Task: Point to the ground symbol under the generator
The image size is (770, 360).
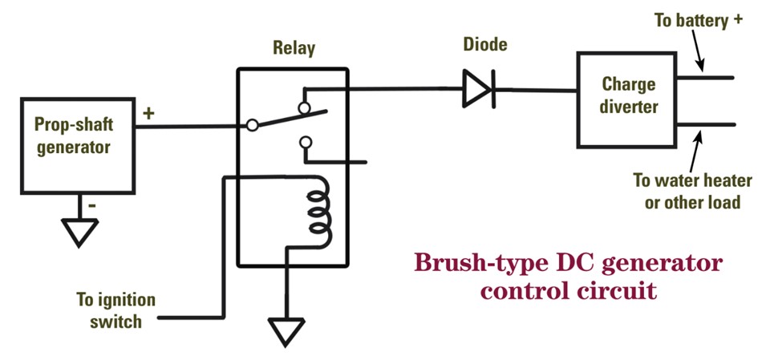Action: [x=80, y=231]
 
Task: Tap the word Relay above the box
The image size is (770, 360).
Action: [x=294, y=49]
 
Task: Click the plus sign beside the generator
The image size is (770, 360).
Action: [x=148, y=113]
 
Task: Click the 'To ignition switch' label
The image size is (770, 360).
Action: [x=115, y=310]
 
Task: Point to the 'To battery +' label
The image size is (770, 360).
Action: [x=697, y=21]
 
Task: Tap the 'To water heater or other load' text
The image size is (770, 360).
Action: [x=692, y=192]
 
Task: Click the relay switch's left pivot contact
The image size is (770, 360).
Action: [x=252, y=125]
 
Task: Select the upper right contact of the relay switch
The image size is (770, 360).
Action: [x=303, y=107]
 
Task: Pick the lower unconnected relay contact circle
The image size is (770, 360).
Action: [x=304, y=143]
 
